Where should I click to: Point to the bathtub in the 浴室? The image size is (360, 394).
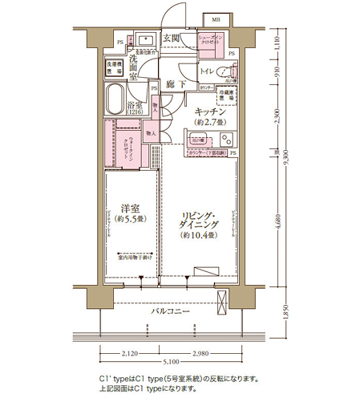pos(121,98)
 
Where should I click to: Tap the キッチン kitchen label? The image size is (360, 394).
pos(208,112)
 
